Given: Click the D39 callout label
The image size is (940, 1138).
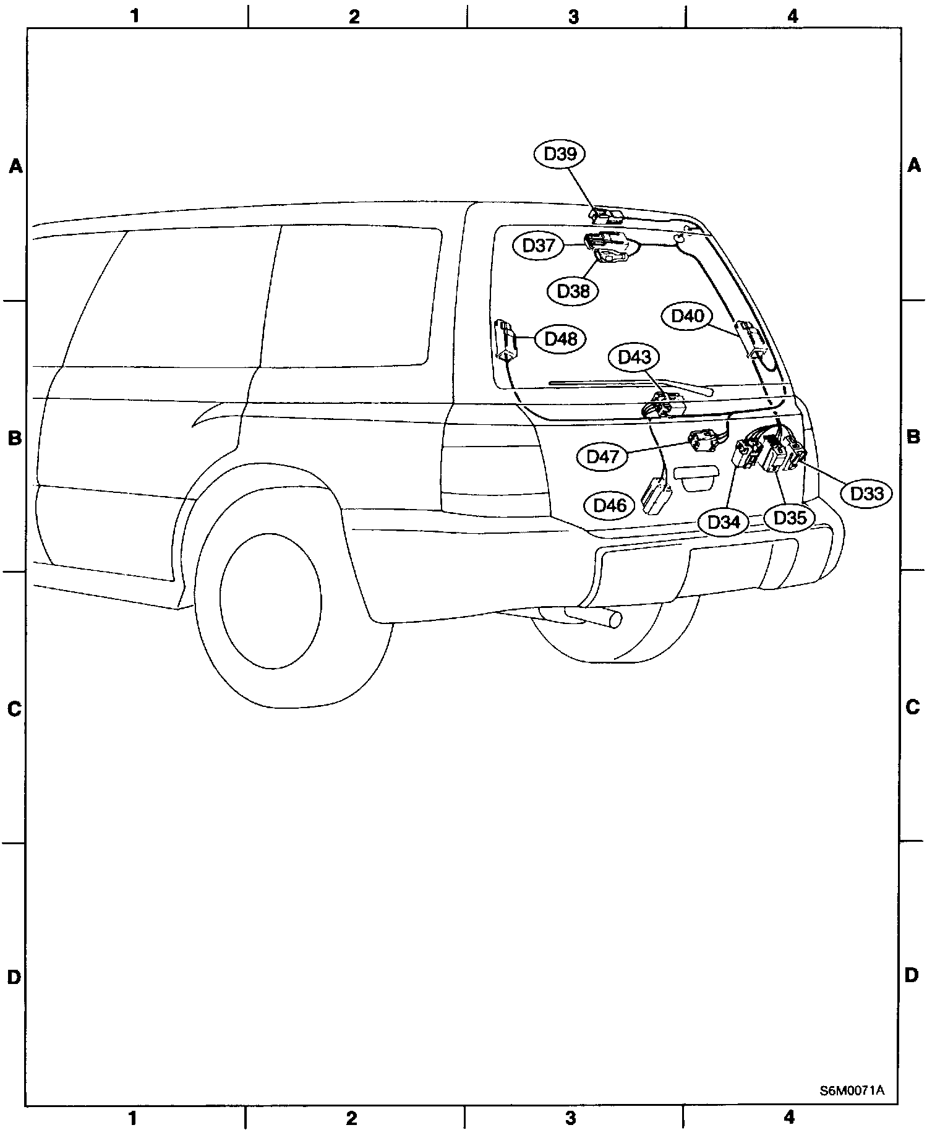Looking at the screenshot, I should tap(560, 154).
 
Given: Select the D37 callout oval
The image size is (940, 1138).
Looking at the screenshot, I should tap(538, 246).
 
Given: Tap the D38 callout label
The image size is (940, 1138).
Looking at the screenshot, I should tap(573, 291).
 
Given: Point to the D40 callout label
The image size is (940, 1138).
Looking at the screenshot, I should tap(687, 316).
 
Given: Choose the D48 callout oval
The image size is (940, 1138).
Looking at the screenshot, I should tap(560, 339).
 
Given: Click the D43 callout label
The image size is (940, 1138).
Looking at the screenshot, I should tap(634, 357).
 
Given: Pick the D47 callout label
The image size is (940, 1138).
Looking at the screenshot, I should tap(602, 457).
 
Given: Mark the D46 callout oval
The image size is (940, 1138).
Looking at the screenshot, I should tap(610, 505).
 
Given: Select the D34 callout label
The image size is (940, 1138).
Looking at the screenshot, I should tap(723, 522).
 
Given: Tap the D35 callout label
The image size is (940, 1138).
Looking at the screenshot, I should tap(790, 517).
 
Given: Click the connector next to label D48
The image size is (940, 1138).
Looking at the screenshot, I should tap(506, 340).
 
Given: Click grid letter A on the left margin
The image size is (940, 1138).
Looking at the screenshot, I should tap(15, 166).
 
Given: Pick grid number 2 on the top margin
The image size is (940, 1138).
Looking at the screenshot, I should tap(354, 17).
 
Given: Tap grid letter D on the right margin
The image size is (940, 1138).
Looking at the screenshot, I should tap(912, 976).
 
